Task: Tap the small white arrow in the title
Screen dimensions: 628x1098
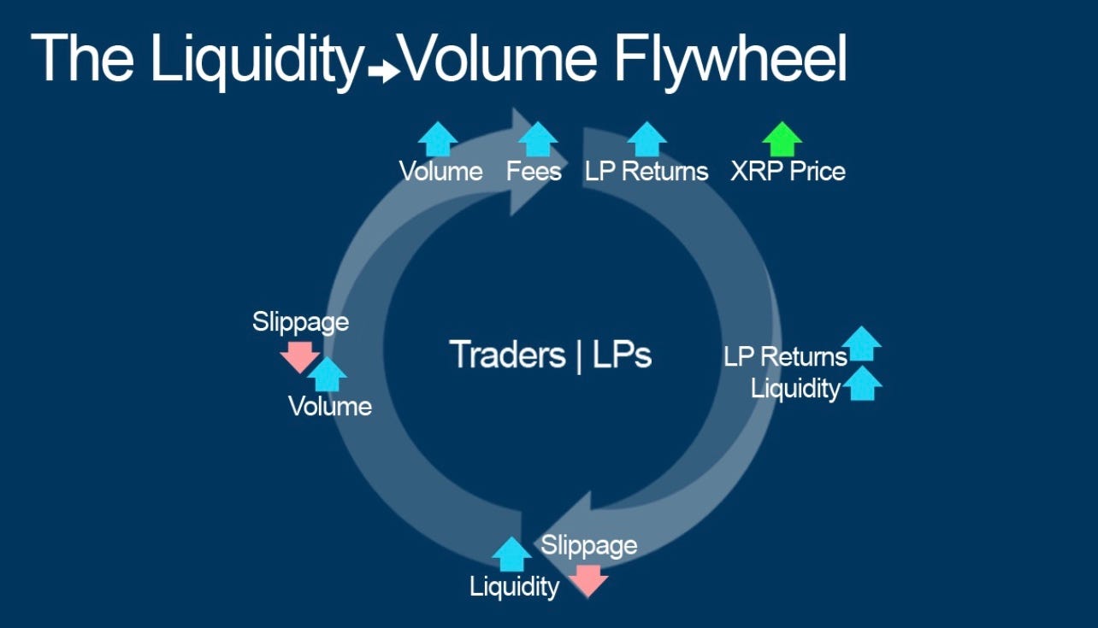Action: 385,72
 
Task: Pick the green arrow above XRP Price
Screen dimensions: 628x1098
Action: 782,138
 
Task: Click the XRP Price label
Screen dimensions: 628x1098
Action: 788,171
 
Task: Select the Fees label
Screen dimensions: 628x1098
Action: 534,171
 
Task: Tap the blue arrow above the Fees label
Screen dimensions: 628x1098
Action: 538,138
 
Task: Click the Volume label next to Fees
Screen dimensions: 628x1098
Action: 440,171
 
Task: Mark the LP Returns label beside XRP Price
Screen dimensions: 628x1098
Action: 646,171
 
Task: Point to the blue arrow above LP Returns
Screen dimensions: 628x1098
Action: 646,138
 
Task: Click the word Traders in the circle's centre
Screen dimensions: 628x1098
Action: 507,355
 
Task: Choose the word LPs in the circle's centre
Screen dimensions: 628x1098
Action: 621,355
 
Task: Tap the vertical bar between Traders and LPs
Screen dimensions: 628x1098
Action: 579,355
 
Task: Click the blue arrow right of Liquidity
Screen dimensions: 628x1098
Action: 862,384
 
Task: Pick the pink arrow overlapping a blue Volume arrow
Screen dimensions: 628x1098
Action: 299,355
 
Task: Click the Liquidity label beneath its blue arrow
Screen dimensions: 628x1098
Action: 514,586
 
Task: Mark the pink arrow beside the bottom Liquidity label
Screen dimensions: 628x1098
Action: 588,580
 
